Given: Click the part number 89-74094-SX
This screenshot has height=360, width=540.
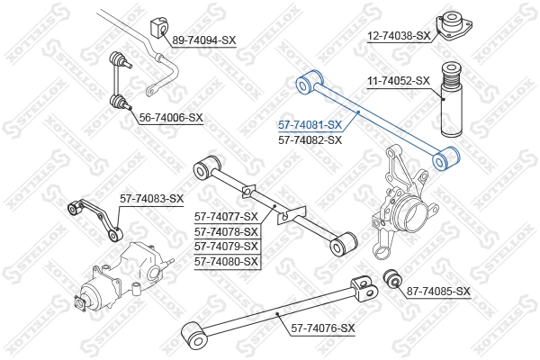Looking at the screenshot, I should (x=203, y=40).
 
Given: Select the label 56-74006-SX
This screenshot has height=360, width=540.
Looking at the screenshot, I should (x=171, y=117).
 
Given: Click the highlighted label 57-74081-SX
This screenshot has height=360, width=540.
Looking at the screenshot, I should (x=310, y=125).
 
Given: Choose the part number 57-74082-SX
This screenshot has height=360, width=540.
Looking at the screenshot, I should (x=310, y=140).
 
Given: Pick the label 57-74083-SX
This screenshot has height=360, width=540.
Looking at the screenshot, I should (x=151, y=198).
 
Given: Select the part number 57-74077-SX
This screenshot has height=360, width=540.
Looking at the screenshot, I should (x=226, y=216).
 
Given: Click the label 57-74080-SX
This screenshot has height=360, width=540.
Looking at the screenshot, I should (x=226, y=262).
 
